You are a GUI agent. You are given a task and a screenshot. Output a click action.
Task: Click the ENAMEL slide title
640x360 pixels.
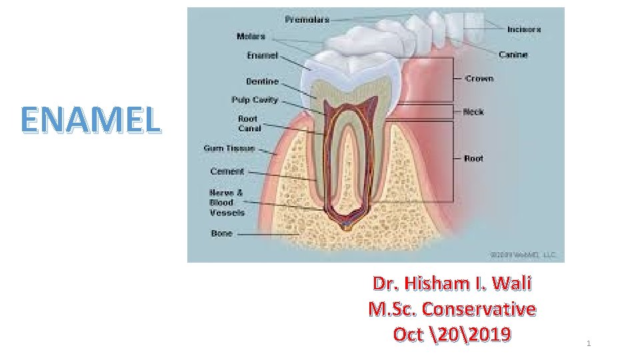(x=91, y=119)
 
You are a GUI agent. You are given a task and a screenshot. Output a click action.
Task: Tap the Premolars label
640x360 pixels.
(x=307, y=20)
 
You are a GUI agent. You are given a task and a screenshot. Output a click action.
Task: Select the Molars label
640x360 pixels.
(x=251, y=36)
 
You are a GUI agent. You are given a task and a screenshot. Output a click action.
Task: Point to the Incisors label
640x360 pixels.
(x=524, y=29)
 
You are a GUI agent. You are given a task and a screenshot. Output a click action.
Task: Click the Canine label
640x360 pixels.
(x=513, y=55)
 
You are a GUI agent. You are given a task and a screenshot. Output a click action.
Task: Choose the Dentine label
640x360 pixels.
(x=262, y=82)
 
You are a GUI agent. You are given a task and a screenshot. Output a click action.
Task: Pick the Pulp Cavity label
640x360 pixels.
(x=255, y=100)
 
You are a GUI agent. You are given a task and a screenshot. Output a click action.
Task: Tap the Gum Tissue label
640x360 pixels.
(x=229, y=148)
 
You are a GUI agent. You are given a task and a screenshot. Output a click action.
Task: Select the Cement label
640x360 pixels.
(x=227, y=171)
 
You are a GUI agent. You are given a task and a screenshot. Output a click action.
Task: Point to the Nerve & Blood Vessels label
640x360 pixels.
(x=227, y=203)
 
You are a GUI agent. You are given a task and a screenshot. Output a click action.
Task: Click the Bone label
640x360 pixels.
(x=222, y=233)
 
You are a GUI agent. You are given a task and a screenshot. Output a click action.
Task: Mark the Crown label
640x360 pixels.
(x=479, y=79)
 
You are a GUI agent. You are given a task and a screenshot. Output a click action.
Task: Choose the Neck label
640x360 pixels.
(x=473, y=112)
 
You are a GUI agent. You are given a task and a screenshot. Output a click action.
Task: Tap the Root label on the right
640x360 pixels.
(x=473, y=159)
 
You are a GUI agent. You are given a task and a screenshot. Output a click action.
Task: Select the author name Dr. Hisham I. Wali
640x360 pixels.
(x=452, y=284)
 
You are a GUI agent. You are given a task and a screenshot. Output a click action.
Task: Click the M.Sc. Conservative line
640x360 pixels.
(x=452, y=309)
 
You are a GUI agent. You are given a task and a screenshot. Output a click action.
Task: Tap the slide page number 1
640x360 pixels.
(x=589, y=343)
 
